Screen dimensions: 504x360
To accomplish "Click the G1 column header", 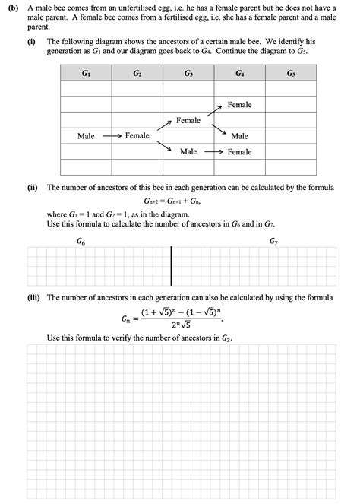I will (x=86, y=74).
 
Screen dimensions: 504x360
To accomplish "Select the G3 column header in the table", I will (x=188, y=74).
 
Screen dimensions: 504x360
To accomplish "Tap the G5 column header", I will (x=291, y=74).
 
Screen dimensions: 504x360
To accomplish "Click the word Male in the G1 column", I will (x=86, y=136).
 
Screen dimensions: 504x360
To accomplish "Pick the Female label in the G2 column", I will (x=137, y=136).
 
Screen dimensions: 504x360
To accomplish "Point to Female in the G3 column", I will (x=188, y=121).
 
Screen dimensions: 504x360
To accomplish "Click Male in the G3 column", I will (x=188, y=152).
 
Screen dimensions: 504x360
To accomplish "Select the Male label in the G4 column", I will (x=239, y=136).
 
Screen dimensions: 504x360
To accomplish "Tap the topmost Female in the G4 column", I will (x=239, y=105).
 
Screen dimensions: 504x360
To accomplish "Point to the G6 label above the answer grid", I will (x=81, y=241).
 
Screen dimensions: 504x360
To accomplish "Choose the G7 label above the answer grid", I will (x=274, y=241).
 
